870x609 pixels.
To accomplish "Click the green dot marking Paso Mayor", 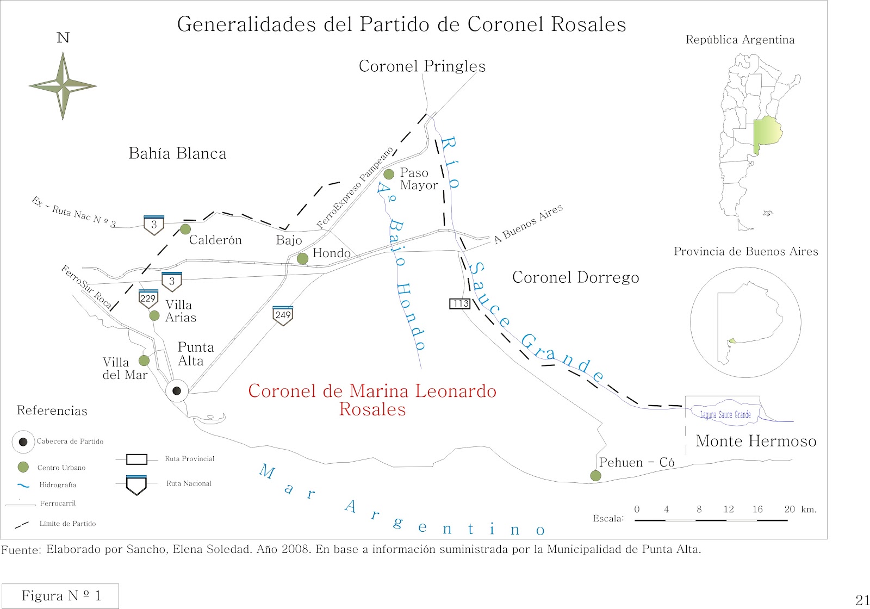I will (x=389, y=174).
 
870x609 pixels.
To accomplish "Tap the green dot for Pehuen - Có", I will (x=595, y=476).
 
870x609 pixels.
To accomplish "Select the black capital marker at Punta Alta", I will (x=177, y=390).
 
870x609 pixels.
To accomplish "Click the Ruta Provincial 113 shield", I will (x=459, y=303).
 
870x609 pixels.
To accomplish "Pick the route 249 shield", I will (x=283, y=315).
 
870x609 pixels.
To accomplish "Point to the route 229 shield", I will (x=148, y=299).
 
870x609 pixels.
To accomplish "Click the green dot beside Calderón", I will (x=185, y=229).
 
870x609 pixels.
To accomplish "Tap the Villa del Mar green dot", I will (x=144, y=361).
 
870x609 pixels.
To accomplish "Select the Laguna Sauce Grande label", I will (x=725, y=414).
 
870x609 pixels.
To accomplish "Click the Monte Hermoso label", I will (x=756, y=441).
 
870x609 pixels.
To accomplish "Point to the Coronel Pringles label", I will (x=422, y=66).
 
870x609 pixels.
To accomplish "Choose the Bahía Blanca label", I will (x=177, y=154).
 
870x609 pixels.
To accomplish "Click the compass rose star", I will (x=63, y=85).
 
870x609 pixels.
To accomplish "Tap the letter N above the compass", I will (x=63, y=38).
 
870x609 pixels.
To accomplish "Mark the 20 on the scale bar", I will (x=790, y=509).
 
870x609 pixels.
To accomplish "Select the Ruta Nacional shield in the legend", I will (x=136, y=484).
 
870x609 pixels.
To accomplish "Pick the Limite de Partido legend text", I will (x=67, y=524).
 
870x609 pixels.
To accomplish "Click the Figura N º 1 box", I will (x=60, y=596).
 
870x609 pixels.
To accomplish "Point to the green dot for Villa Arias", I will (x=154, y=315).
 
